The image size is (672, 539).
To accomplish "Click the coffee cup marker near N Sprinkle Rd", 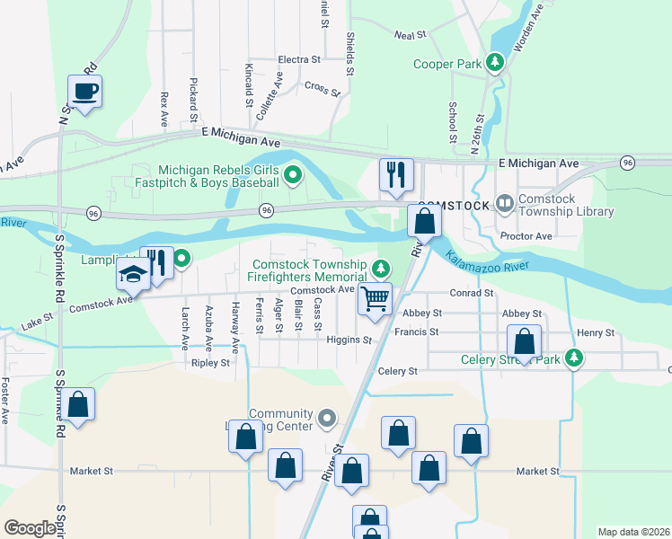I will point(84,92).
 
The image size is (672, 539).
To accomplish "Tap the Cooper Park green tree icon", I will point(493,63).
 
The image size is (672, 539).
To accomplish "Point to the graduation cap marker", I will point(133,276).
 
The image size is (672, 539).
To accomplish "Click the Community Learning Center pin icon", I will point(327,419).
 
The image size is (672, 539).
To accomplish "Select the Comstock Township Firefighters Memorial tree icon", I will point(381,269).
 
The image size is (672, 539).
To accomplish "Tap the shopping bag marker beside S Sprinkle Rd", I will point(78,404).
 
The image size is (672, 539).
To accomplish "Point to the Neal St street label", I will point(409,35).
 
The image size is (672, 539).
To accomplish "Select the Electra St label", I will point(299,60).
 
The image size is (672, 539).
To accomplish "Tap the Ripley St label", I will point(210,363).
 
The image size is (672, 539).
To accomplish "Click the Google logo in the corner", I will point(29,527).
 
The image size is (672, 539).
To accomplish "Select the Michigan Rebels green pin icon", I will point(292,175).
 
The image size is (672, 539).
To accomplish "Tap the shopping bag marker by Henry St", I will point(525,342).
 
